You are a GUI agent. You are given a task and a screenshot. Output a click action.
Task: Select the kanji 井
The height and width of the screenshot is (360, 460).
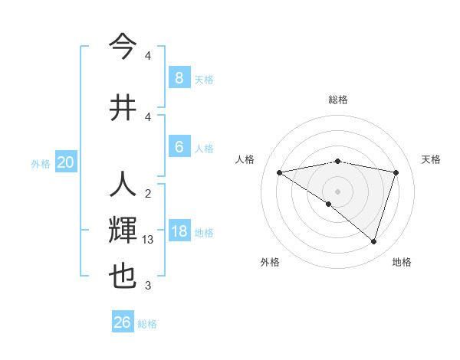[x=123, y=107]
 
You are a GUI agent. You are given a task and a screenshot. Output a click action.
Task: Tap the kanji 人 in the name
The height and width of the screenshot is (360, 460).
[x=123, y=185]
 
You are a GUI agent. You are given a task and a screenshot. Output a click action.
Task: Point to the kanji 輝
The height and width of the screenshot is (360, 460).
[x=123, y=231]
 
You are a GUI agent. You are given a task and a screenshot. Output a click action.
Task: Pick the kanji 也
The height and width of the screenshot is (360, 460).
[x=123, y=276]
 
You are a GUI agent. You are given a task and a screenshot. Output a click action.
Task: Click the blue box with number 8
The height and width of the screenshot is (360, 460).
[x=179, y=77]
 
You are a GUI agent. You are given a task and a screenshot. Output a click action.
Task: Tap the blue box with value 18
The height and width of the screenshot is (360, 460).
[x=179, y=231]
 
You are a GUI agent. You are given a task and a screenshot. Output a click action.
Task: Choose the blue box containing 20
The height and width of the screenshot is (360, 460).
[x=66, y=162]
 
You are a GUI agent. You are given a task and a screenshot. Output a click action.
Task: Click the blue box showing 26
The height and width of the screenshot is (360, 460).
[x=123, y=322]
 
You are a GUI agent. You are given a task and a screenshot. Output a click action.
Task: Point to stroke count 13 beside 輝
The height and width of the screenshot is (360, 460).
[x=149, y=240]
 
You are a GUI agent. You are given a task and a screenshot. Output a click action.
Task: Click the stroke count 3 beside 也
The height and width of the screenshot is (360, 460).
[x=148, y=286]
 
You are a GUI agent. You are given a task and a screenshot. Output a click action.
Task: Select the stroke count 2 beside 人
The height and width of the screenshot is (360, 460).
[x=148, y=193]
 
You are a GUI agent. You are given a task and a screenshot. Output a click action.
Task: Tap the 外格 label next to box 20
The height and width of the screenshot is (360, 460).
[x=41, y=163]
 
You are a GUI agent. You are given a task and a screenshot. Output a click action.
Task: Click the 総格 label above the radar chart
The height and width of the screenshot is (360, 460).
[x=338, y=100]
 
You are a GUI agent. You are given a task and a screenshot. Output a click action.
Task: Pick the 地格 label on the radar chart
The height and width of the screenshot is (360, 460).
[x=402, y=262]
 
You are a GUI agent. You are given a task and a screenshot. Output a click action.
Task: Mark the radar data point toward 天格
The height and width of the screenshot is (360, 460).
[x=396, y=172]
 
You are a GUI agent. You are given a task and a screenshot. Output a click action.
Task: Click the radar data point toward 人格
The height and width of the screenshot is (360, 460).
[x=280, y=172]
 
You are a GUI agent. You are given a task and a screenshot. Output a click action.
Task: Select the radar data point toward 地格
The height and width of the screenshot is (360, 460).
[x=373, y=241]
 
